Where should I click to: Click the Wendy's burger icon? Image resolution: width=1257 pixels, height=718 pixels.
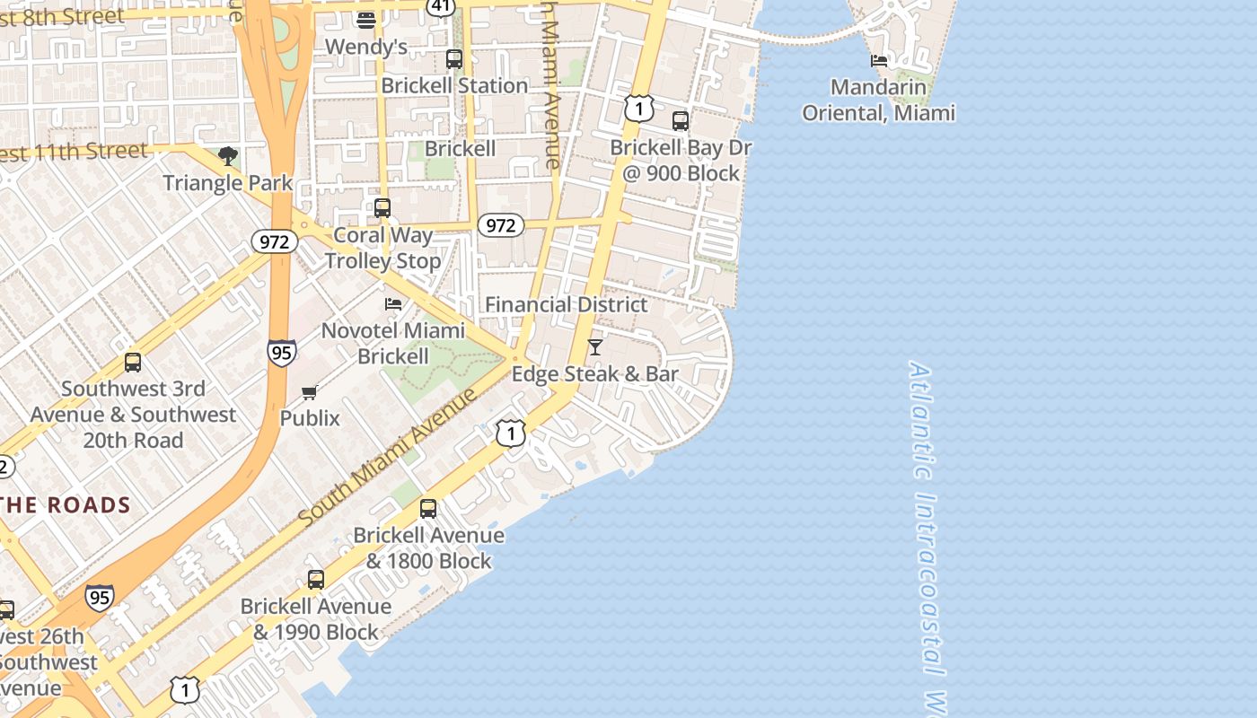pos(365,20)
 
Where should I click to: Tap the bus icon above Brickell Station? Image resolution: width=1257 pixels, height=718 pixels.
pos(454,59)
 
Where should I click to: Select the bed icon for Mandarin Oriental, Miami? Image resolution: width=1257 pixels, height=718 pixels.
pos(879,61)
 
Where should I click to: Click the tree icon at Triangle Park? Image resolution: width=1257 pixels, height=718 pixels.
pos(228,156)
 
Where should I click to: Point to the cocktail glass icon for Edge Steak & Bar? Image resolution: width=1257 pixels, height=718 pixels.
pos(594,346)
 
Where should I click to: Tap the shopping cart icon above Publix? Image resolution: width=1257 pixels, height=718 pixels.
pos(310,392)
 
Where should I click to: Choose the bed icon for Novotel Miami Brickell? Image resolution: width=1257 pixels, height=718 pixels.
pos(393,304)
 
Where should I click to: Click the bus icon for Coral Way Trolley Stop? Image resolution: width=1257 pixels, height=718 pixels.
pos(382,208)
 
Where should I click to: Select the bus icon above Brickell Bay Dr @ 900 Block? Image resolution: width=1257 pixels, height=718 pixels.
pos(681,120)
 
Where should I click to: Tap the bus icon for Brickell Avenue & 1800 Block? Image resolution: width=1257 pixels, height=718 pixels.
pos(428,509)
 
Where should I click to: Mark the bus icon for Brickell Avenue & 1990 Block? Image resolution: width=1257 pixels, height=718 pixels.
pos(316,580)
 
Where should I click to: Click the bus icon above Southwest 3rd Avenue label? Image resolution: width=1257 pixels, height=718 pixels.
pos(133,363)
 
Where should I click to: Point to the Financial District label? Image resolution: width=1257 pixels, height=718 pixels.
pos(566,304)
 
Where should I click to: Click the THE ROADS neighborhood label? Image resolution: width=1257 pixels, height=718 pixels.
pos(66,505)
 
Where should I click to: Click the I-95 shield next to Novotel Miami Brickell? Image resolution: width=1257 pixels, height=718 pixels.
pos(281,353)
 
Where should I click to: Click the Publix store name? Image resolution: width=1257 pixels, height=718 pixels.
pos(310,418)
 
